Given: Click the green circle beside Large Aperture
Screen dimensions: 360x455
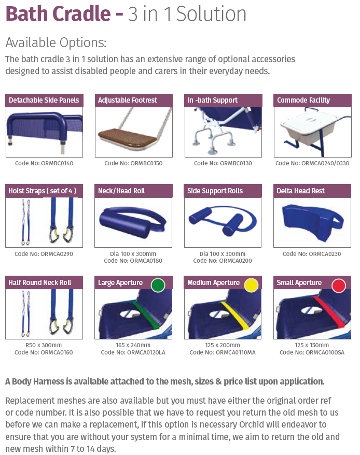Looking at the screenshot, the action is pyautogui.click(x=158, y=285).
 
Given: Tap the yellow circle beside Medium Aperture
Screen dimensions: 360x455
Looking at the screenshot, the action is pyautogui.click(x=251, y=285).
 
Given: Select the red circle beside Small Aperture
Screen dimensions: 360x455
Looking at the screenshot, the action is pyautogui.click(x=339, y=285).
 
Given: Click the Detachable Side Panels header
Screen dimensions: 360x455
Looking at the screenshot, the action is pyautogui.click(x=44, y=101).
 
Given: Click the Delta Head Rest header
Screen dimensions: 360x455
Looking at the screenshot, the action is pyautogui.click(x=312, y=191).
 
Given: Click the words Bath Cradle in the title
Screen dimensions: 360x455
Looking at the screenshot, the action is pyautogui.click(x=58, y=13).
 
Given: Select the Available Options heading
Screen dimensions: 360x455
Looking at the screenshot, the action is pyautogui.click(x=56, y=42).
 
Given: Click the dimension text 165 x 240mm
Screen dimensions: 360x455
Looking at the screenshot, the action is pyautogui.click(x=133, y=345).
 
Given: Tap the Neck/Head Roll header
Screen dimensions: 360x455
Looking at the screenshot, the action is pyautogui.click(x=133, y=191).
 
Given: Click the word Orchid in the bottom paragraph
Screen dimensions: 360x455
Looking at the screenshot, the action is pyautogui.click(x=252, y=424).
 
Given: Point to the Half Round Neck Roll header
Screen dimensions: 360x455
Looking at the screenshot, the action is pyautogui.click(x=44, y=282).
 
